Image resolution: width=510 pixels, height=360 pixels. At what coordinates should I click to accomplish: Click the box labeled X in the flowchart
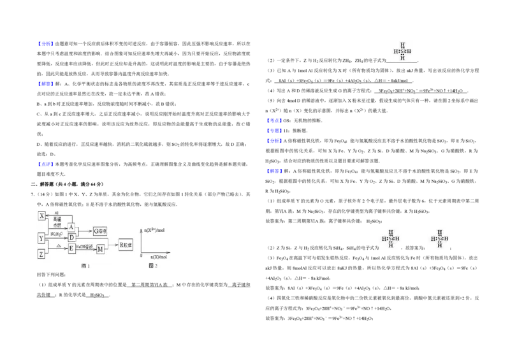(x=41, y=216)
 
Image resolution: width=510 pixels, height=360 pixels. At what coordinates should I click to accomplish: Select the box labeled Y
(x=41, y=238)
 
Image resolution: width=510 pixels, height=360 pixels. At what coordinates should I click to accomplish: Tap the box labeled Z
(x=41, y=254)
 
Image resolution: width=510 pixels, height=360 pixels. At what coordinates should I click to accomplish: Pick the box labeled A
(x=71, y=227)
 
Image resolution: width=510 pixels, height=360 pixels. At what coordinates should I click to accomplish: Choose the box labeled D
(x=71, y=238)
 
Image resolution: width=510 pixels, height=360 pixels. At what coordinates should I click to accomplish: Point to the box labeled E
(x=71, y=248)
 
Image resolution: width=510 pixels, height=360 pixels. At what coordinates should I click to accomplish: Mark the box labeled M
(x=100, y=249)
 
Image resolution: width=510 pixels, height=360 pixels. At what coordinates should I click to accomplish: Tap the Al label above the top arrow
(x=56, y=212)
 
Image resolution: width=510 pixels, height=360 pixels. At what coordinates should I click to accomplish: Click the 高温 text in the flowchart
(x=57, y=219)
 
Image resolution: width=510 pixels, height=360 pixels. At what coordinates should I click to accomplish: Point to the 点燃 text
(x=57, y=225)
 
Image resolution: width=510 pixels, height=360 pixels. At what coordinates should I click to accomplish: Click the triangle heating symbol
(x=58, y=245)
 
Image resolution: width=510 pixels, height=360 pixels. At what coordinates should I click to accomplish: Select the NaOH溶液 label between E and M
(x=85, y=246)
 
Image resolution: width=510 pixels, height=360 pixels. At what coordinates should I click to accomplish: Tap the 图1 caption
(x=85, y=266)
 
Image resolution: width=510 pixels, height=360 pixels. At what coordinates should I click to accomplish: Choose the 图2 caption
(x=152, y=266)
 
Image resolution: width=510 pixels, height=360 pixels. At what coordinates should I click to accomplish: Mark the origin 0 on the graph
(x=141, y=256)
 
